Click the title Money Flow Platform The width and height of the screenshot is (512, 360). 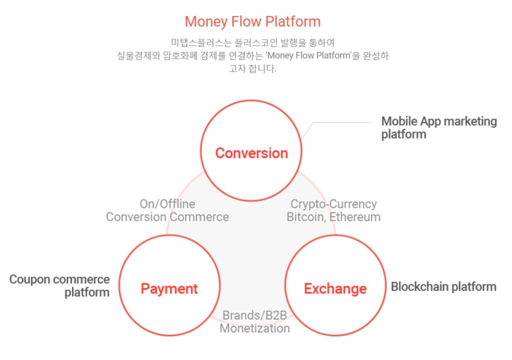click(252, 22)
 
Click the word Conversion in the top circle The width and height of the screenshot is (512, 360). click(251, 153)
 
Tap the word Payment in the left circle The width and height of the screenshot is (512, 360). click(169, 289)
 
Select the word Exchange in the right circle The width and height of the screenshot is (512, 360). click(335, 289)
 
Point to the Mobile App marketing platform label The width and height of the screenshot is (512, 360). click(439, 128)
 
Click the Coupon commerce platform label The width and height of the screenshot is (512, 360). click(60, 286)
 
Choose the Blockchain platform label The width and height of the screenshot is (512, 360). click(443, 287)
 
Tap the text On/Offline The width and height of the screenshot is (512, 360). click(167, 204)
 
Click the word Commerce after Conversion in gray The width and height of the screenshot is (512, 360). click(199, 217)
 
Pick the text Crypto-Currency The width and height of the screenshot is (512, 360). click(333, 204)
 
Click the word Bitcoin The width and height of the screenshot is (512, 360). click(305, 217)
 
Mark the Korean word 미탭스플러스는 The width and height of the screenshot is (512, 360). click(196, 42)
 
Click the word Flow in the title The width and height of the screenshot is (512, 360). click(245, 22)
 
